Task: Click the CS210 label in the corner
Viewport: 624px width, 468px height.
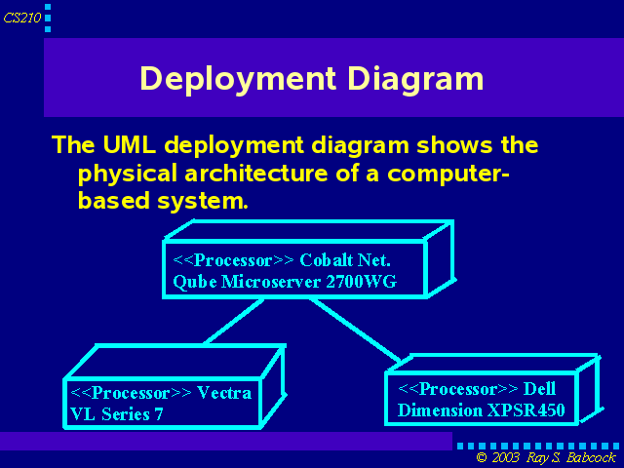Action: point(21,18)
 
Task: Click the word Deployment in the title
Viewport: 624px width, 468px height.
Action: point(238,80)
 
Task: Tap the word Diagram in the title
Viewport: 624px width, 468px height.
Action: point(415,80)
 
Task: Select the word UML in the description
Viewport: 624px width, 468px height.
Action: point(130,144)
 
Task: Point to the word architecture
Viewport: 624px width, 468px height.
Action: point(256,174)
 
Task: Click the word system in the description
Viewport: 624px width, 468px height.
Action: point(203,201)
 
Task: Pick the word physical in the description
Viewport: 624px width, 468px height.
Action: point(128,175)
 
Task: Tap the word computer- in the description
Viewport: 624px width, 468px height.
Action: point(448,175)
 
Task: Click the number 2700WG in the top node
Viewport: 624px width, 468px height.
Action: point(362,282)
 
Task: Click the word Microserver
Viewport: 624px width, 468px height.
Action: point(271,282)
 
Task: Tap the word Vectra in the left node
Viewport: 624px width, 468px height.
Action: point(224,393)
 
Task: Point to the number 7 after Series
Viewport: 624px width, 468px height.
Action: point(159,414)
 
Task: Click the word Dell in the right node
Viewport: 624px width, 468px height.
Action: point(539,389)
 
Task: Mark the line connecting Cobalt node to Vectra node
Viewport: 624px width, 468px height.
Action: point(234,321)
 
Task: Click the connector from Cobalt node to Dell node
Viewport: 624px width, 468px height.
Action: point(355,331)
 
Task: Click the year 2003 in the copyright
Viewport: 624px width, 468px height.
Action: point(505,457)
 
